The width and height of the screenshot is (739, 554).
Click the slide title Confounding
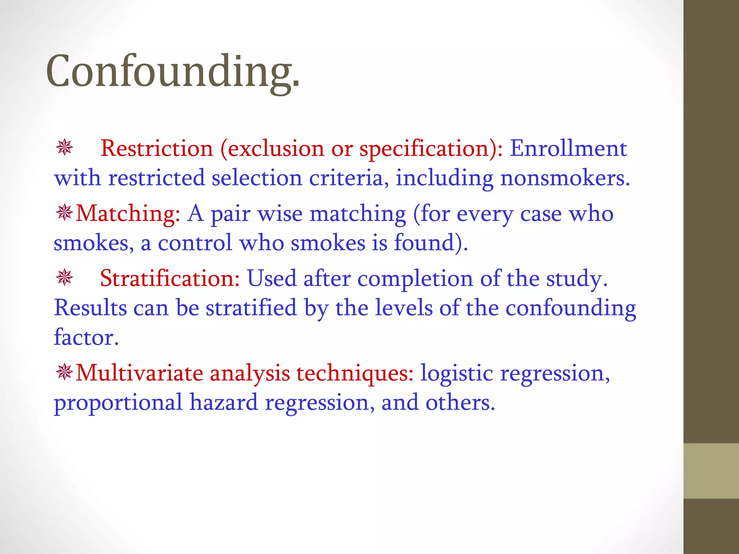(x=172, y=71)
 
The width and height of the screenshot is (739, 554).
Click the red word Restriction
(x=157, y=148)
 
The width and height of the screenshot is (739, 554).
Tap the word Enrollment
(x=568, y=148)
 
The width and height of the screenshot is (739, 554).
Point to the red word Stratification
(x=170, y=278)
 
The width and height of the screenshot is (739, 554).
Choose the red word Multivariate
(x=139, y=373)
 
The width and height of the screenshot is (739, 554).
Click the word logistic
(x=456, y=373)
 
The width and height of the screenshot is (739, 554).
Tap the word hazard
(x=224, y=402)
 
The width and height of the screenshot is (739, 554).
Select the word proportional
(x=118, y=403)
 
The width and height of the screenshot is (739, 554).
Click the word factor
(x=86, y=337)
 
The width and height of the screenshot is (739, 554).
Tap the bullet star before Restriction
(x=65, y=148)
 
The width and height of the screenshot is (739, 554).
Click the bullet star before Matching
(x=65, y=213)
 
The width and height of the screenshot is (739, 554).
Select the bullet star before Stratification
(x=65, y=278)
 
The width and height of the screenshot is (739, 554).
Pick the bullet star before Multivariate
(x=65, y=372)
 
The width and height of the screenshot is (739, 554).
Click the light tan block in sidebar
(x=711, y=471)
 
